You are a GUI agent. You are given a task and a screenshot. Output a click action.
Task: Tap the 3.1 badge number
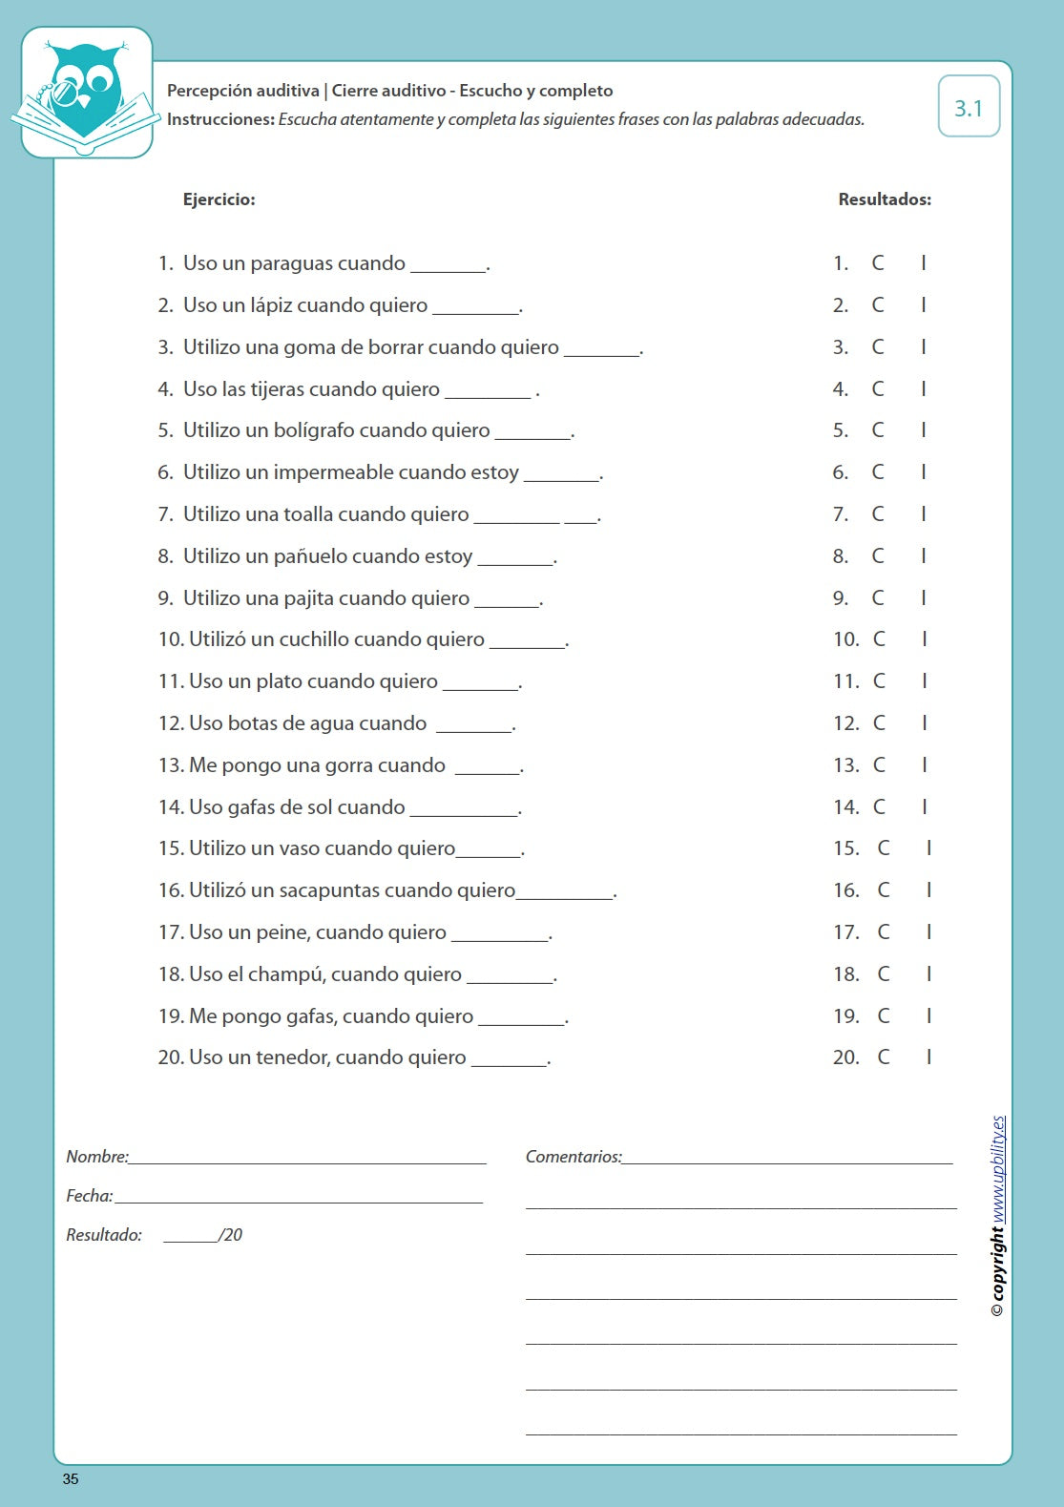[969, 108]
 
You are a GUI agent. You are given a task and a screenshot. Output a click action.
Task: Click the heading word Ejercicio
[219, 199]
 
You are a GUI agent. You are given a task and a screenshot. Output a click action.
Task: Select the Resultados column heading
[885, 199]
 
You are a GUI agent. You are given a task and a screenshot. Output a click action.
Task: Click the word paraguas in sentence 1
[291, 263]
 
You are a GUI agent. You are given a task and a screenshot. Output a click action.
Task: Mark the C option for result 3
[878, 347]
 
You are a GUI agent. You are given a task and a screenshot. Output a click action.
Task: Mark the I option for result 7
[924, 514]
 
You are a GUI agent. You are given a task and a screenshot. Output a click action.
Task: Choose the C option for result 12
[879, 723]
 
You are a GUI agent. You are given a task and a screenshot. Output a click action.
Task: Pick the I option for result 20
[928, 1057]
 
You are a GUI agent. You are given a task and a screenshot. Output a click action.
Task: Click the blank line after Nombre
[307, 1161]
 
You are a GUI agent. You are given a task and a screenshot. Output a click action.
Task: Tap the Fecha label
[89, 1196]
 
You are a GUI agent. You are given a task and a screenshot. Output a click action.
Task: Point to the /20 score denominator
[231, 1235]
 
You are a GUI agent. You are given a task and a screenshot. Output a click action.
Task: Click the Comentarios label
[573, 1157]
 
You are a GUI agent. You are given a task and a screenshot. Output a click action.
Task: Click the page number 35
[71, 1479]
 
